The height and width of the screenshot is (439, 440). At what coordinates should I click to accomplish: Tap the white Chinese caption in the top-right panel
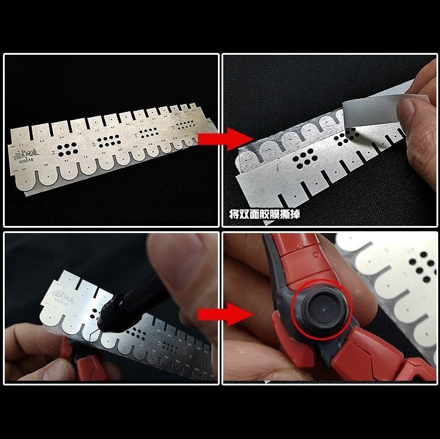point(264,214)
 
